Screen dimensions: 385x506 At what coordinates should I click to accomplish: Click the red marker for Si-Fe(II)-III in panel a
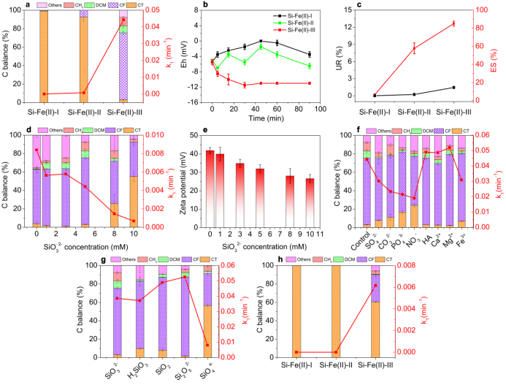click(x=123, y=20)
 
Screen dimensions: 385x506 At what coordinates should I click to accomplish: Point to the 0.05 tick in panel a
click(x=156, y=10)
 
